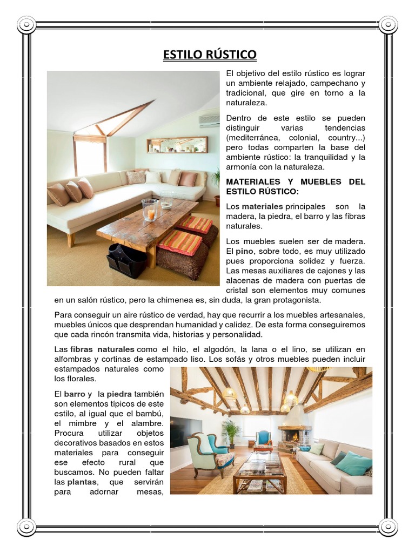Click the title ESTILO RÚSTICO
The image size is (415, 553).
pyautogui.click(x=210, y=55)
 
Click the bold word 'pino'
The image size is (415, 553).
pyautogui.click(x=245, y=251)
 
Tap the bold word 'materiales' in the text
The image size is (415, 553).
pyautogui.click(x=262, y=206)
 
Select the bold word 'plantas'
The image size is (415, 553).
pyautogui.click(x=82, y=481)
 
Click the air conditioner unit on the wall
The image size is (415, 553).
pyautogui.click(x=209, y=120)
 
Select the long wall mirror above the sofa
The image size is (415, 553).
pyautogui.click(x=177, y=144)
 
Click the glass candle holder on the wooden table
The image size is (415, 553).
pyautogui.click(x=149, y=210)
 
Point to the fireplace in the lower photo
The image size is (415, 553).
pyautogui.click(x=294, y=431)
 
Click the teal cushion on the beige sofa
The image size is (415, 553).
pyautogui.click(x=354, y=463)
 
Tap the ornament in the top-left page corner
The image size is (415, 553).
pyautogui.click(x=26, y=24)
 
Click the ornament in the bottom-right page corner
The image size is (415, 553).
pyautogui.click(x=388, y=527)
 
